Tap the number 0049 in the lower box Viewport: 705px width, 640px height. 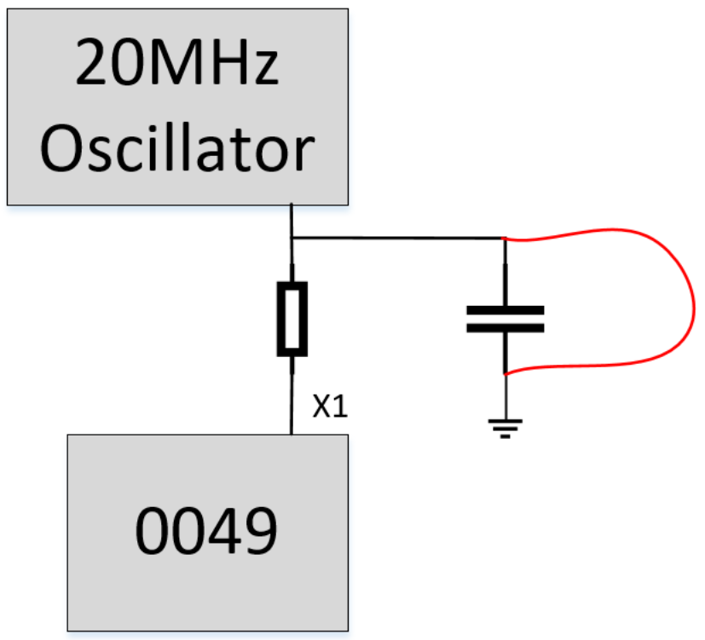pyautogui.click(x=207, y=530)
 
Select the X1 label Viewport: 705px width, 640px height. pyautogui.click(x=329, y=408)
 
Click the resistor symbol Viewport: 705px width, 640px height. pyautogui.click(x=292, y=320)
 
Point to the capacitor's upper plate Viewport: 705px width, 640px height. pyautogui.click(x=505, y=310)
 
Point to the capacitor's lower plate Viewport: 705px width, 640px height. pyautogui.click(x=505, y=328)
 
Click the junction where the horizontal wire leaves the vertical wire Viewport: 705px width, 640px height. pyautogui.click(x=292, y=239)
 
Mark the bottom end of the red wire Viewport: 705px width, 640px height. pyautogui.click(x=507, y=374)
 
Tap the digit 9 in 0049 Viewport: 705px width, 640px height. pyautogui.click(x=257, y=530)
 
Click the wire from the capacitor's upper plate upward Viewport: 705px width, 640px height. pyautogui.click(x=506, y=273)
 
